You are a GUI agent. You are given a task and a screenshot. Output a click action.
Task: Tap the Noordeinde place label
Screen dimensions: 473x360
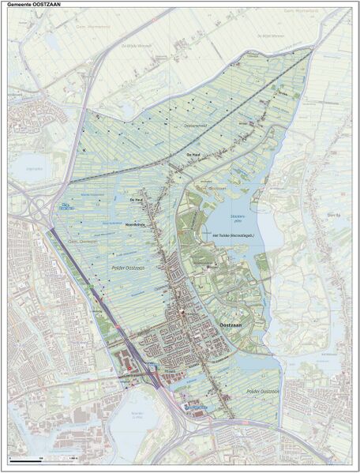[138, 223]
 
